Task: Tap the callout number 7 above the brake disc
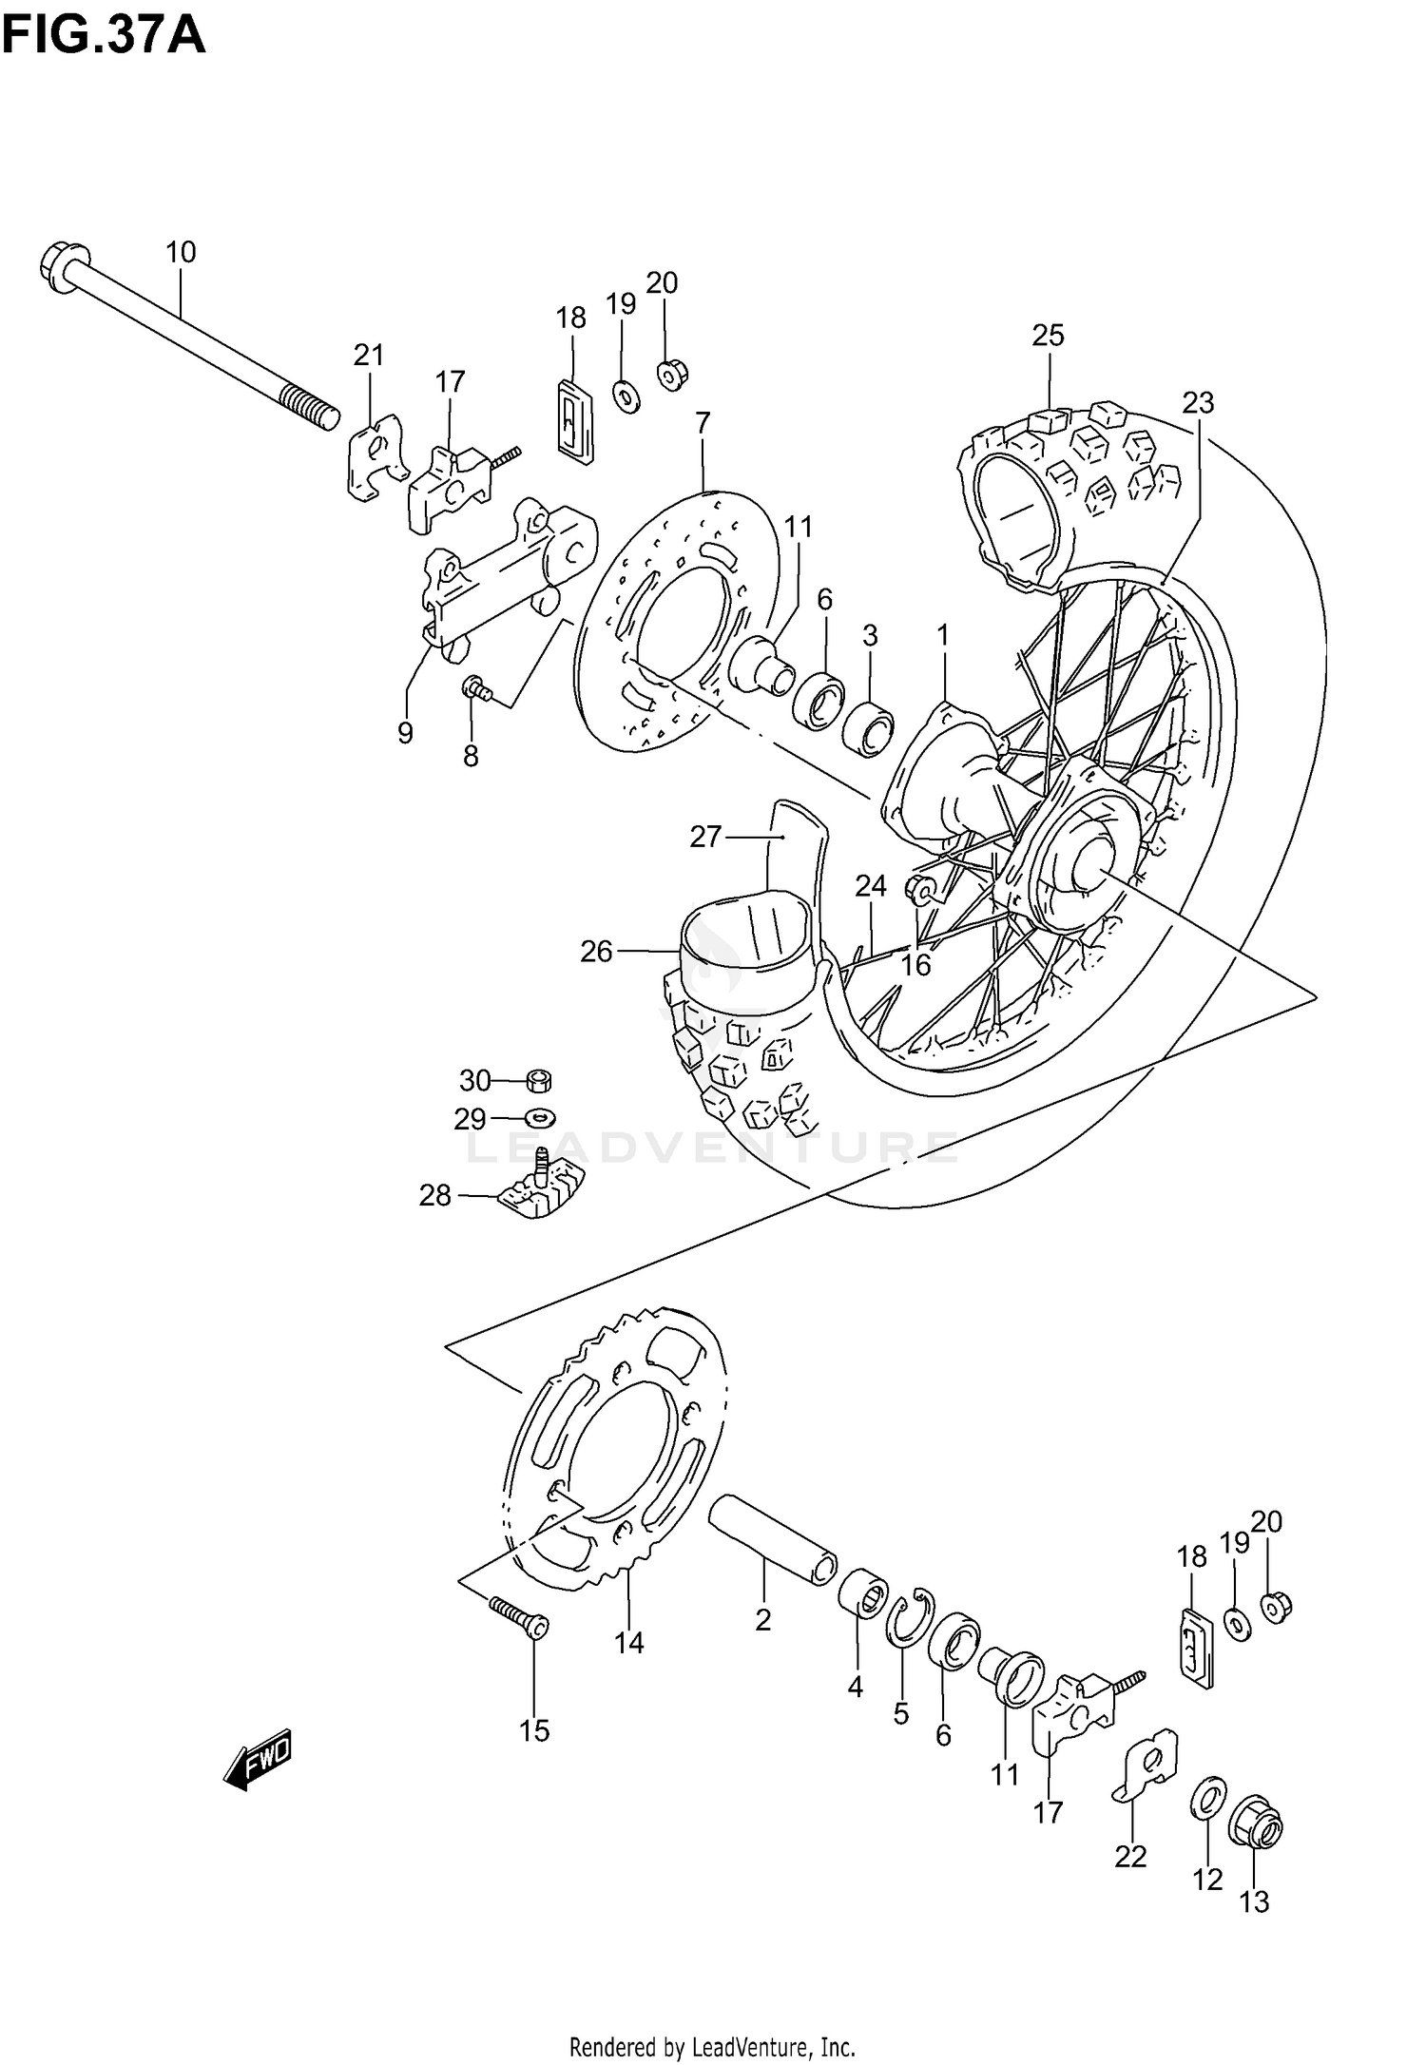(x=703, y=423)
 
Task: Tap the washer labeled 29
(x=540, y=1114)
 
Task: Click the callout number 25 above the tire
(x=1049, y=335)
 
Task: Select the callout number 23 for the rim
(x=1198, y=403)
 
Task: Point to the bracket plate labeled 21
(x=375, y=455)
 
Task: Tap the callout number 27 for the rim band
(x=705, y=837)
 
